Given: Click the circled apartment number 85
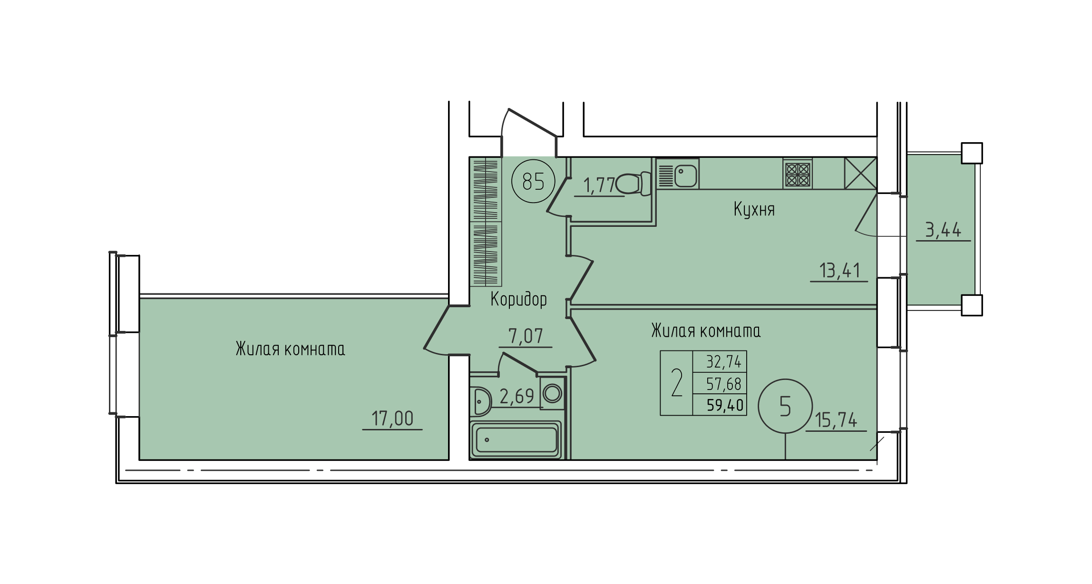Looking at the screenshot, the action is click(533, 181).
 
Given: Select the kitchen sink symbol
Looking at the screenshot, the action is click(678, 174).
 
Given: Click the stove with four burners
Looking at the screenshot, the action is click(798, 174).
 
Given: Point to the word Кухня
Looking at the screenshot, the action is click(754, 209).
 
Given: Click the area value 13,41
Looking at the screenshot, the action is click(840, 271).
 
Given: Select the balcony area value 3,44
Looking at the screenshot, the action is click(944, 230).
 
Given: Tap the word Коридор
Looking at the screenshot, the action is click(518, 300).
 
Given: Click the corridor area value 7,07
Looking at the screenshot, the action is click(526, 336).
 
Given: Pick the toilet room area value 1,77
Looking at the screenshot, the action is click(599, 185).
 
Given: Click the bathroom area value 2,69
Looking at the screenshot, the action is click(517, 396).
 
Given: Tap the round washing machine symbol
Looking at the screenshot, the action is click(552, 393).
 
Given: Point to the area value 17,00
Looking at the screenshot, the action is click(392, 419).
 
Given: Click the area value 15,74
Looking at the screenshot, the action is click(836, 420).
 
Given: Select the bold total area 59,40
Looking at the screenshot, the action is click(725, 405).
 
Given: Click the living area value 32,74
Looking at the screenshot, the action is click(723, 362).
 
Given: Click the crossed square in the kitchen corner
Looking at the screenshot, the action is click(860, 174).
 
